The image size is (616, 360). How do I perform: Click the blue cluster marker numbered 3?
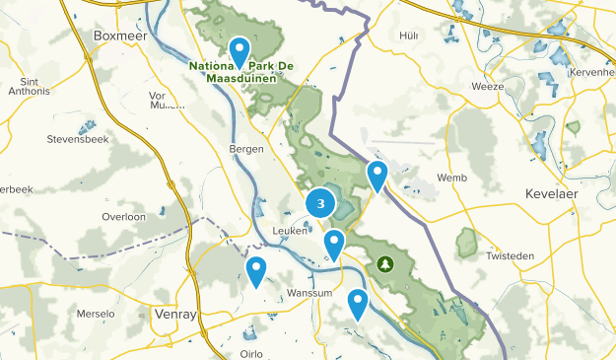click(x=320, y=204)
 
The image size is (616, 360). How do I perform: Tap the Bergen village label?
click(x=245, y=148)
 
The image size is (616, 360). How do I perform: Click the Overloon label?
click(x=123, y=216)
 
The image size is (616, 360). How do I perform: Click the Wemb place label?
click(x=451, y=179)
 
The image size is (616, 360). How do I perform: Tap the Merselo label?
click(x=96, y=314)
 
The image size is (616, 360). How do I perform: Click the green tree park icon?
click(x=384, y=264)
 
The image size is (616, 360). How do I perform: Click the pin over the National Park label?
click(x=240, y=50)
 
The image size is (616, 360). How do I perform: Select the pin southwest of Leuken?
click(x=256, y=268)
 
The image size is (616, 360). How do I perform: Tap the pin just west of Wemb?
click(x=376, y=176)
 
